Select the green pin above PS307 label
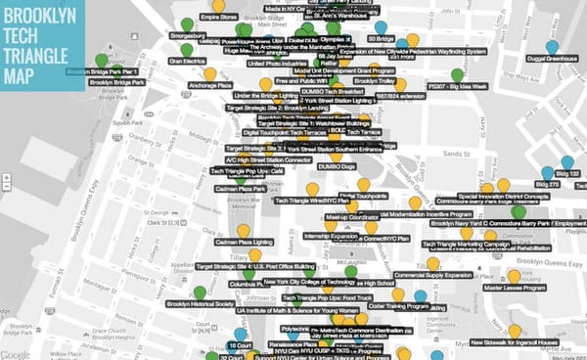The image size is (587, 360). click(457, 74)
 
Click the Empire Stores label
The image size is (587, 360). click(220, 17)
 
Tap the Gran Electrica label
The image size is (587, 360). click(187, 61)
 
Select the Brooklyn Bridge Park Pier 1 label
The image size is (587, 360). click(107, 72)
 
